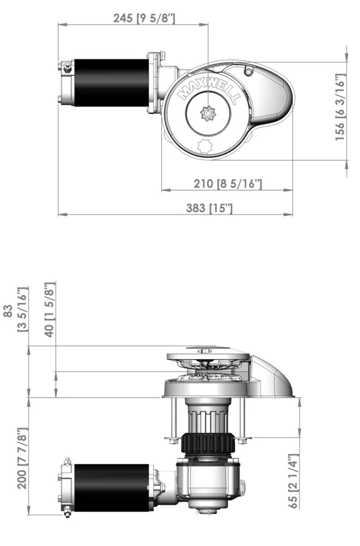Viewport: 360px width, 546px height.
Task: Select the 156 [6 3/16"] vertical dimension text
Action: coord(340,107)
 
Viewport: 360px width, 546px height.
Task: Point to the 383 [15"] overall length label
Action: coord(209,208)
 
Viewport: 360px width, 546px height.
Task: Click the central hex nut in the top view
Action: coord(209,113)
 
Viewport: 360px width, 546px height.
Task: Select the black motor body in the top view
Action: coord(111,82)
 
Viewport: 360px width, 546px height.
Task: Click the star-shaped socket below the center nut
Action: coord(204,146)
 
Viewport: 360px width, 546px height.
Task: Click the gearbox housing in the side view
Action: coord(208,483)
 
